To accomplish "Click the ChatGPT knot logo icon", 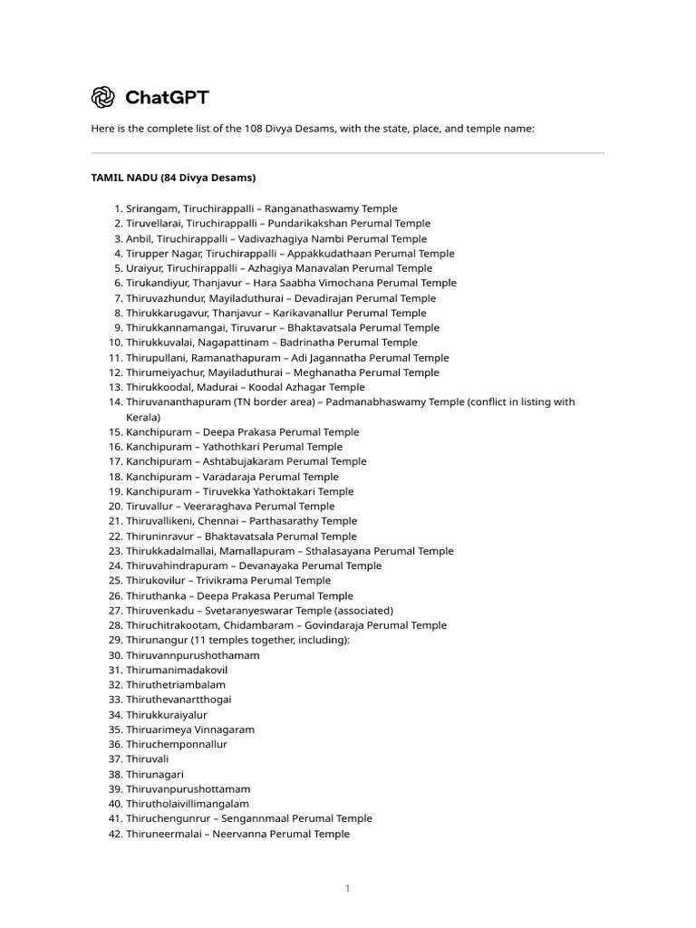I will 102,97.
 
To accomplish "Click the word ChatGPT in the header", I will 167,97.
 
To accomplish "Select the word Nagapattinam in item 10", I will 222,343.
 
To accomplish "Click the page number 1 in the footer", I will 347,889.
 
